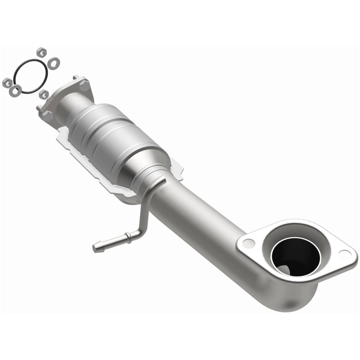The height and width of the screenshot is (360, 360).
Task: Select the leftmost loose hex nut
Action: pos(7,82)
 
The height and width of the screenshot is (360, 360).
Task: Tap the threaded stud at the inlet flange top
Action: pos(75,78)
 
